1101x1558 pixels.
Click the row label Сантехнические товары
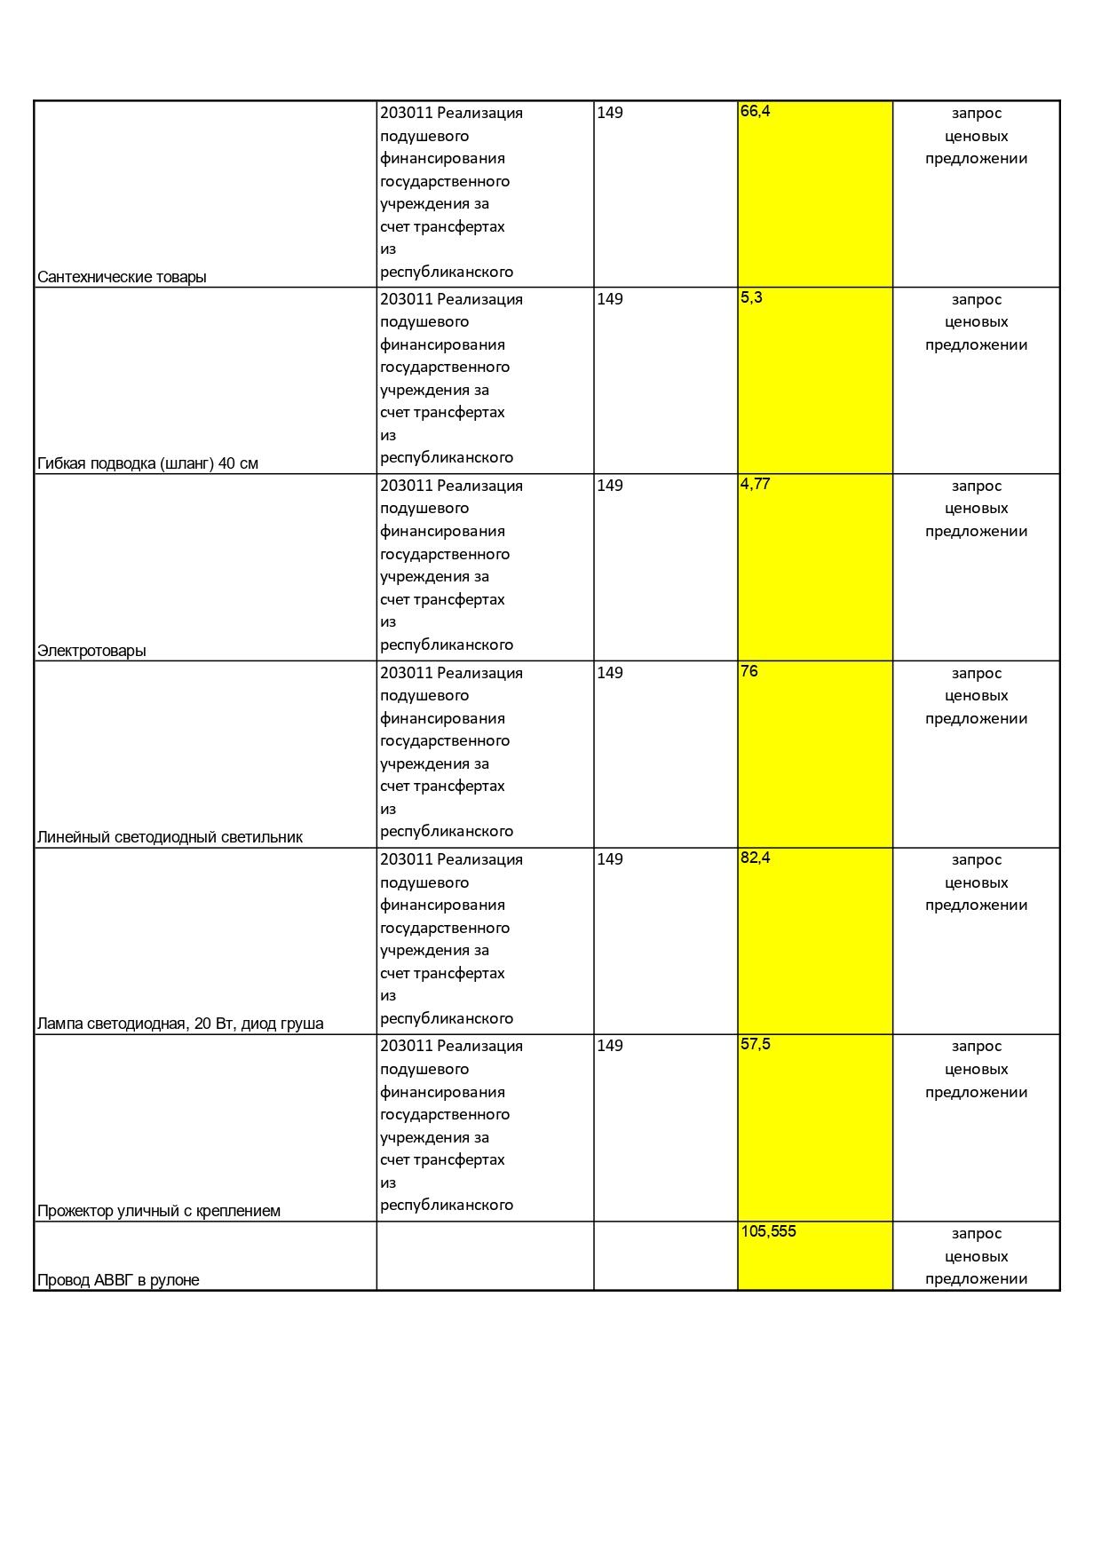click(x=122, y=277)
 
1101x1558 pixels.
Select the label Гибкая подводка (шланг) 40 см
click(x=147, y=463)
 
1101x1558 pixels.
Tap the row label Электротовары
click(x=91, y=651)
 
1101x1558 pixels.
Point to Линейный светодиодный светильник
click(x=170, y=837)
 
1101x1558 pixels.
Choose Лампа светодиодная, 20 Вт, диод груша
click(x=180, y=1024)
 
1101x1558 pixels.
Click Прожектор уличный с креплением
click(x=159, y=1211)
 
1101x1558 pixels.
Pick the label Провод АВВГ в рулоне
click(x=118, y=1280)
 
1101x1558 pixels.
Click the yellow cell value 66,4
click(x=755, y=111)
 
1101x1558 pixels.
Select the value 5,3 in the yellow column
click(x=751, y=297)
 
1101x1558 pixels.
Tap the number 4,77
click(x=755, y=484)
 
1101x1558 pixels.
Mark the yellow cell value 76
click(x=749, y=671)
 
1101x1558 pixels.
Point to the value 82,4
click(x=755, y=858)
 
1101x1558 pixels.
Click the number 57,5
click(x=755, y=1044)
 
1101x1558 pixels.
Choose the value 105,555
click(x=768, y=1231)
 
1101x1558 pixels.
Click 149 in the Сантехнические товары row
click(x=610, y=113)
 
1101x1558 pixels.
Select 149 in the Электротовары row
click(x=610, y=486)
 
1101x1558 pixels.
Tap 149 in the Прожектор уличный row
click(x=610, y=1046)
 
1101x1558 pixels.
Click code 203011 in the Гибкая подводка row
click(x=406, y=299)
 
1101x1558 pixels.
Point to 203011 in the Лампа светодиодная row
click(x=406, y=859)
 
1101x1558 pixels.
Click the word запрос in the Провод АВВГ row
click(x=976, y=1233)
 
